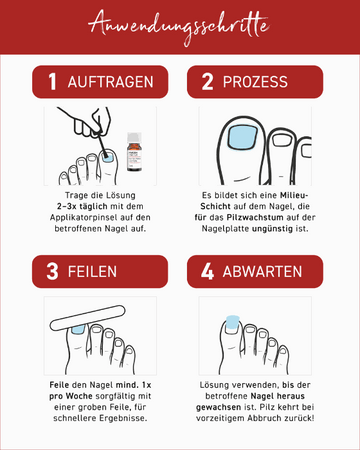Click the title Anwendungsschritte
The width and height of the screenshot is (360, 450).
click(180, 22)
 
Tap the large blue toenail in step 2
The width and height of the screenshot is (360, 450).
click(241, 138)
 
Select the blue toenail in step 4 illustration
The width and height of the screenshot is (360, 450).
click(231, 322)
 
